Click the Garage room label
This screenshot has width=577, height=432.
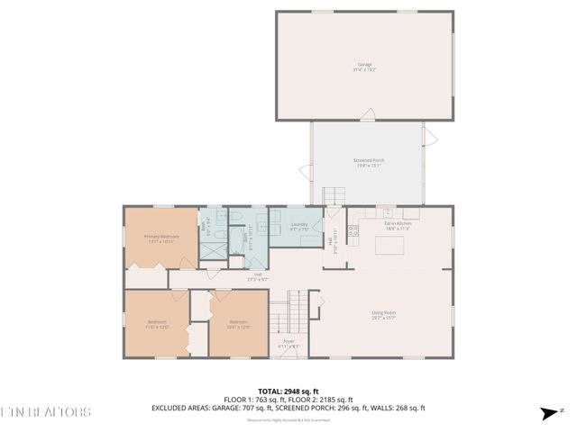click(x=365, y=67)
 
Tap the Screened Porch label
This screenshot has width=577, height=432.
click(x=367, y=163)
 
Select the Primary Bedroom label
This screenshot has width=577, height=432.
click(x=161, y=238)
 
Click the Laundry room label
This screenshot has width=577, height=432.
click(x=300, y=226)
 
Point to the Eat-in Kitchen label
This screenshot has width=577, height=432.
click(x=398, y=226)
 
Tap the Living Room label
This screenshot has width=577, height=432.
click(x=384, y=315)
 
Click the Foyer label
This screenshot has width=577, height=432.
click(x=289, y=344)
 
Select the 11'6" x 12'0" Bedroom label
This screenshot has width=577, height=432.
click(x=159, y=325)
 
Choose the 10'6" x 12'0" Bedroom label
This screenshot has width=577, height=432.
click(x=238, y=324)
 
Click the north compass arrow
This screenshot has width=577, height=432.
click(x=547, y=413)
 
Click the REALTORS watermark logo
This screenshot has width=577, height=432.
click(x=45, y=413)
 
